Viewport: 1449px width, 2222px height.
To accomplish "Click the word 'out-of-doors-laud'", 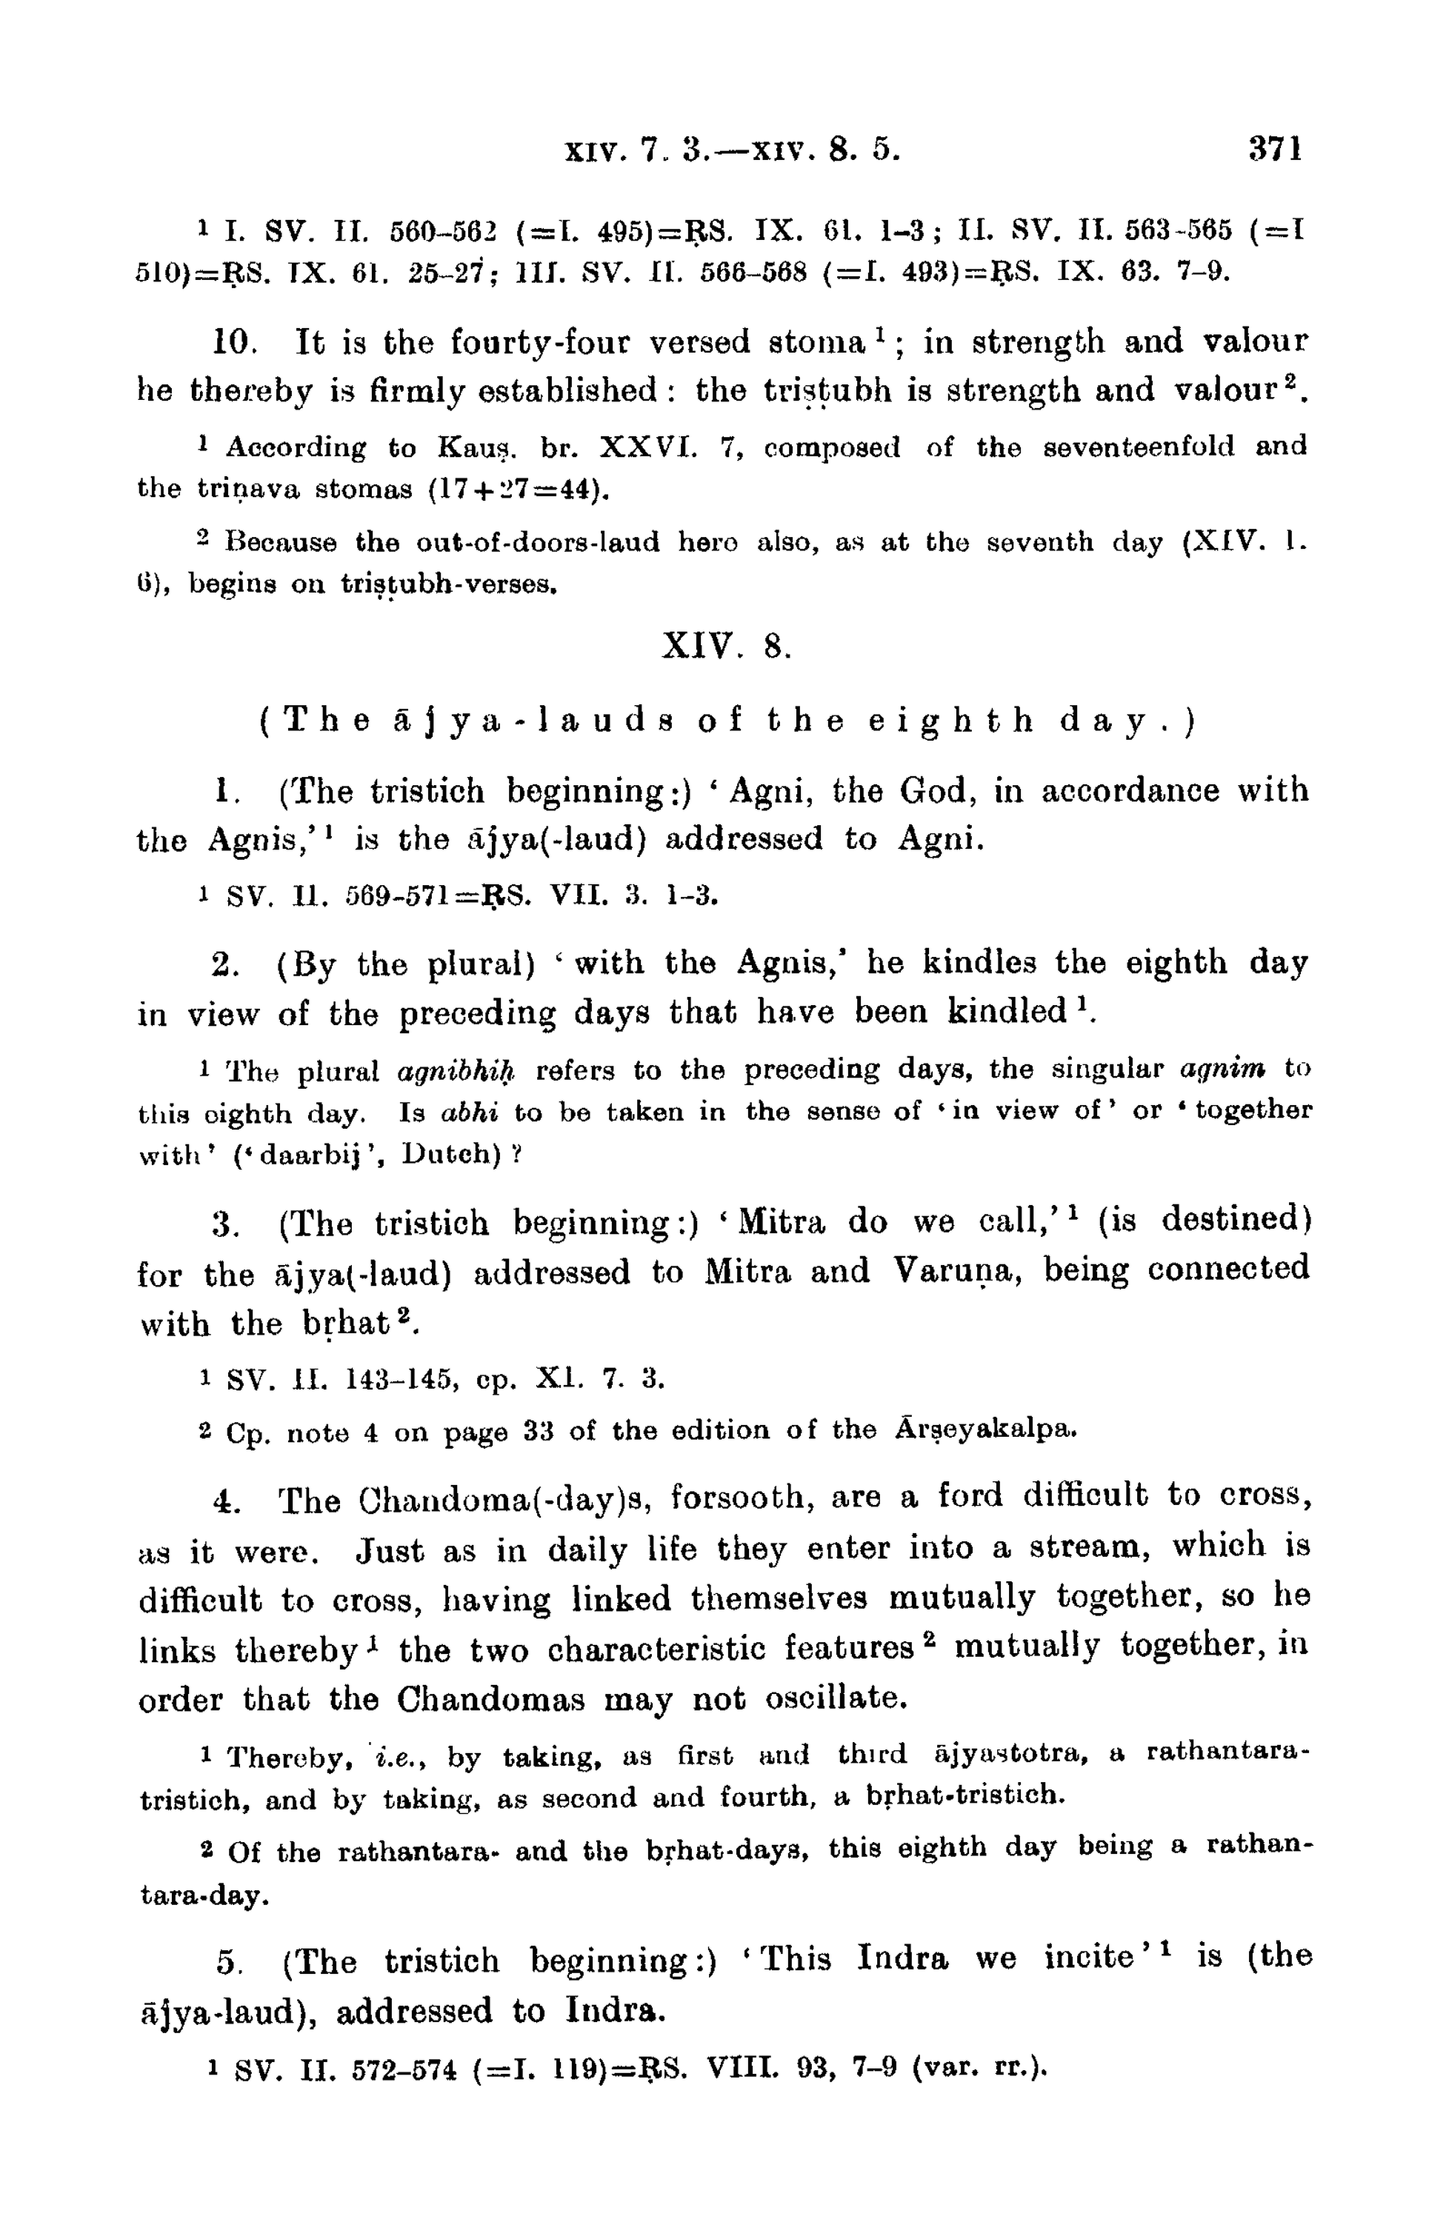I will click(x=536, y=541).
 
